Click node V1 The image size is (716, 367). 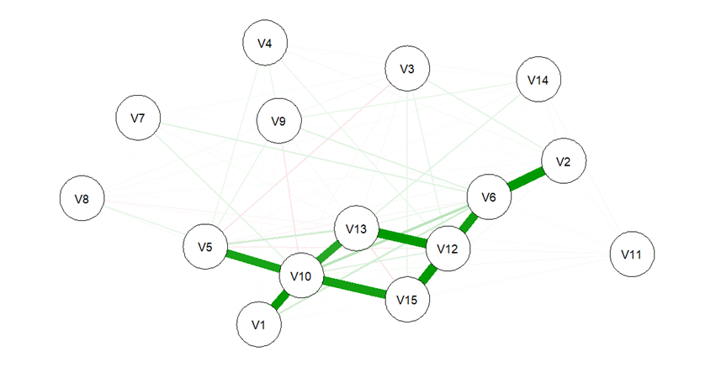tap(260, 323)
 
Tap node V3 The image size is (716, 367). tap(407, 69)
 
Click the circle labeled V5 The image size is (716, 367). tap(205, 247)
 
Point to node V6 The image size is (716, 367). tap(489, 198)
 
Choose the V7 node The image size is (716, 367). tap(138, 118)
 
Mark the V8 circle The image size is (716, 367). tap(82, 199)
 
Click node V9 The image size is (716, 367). tap(279, 122)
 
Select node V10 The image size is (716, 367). tap(301, 275)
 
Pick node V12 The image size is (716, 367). tap(448, 249)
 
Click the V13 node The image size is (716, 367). tap(356, 228)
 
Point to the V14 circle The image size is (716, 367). tap(538, 80)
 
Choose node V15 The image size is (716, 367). tap(407, 300)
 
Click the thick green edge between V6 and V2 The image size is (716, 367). tap(527, 179)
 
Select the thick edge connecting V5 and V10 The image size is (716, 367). tap(253, 261)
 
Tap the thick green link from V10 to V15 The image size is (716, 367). tap(354, 287)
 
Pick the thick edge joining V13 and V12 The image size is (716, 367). tap(401, 239)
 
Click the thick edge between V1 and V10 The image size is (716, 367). tap(280, 300)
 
